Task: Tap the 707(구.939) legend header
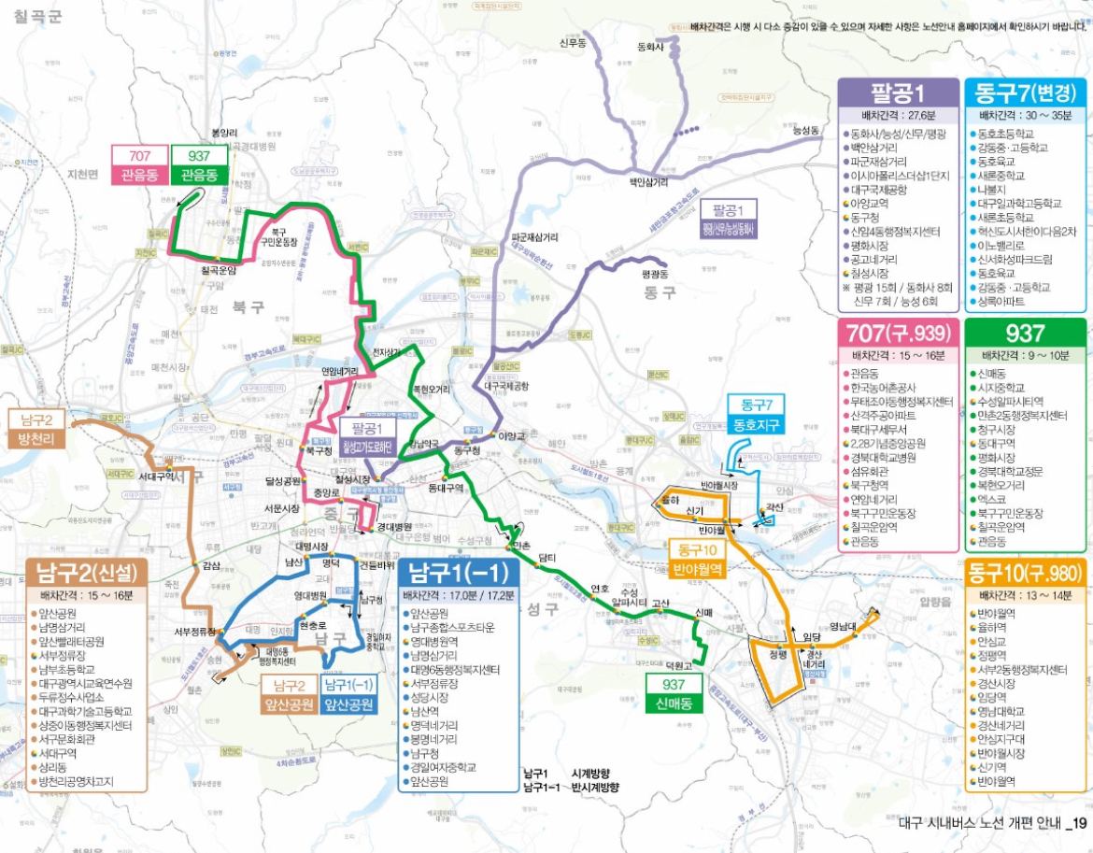[x=898, y=334]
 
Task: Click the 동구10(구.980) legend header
[x=1026, y=571]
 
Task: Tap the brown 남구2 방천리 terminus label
[x=35, y=429]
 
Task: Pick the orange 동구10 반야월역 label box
[x=698, y=559]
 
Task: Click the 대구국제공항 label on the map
[x=505, y=384]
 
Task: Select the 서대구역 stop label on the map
[x=157, y=476]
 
